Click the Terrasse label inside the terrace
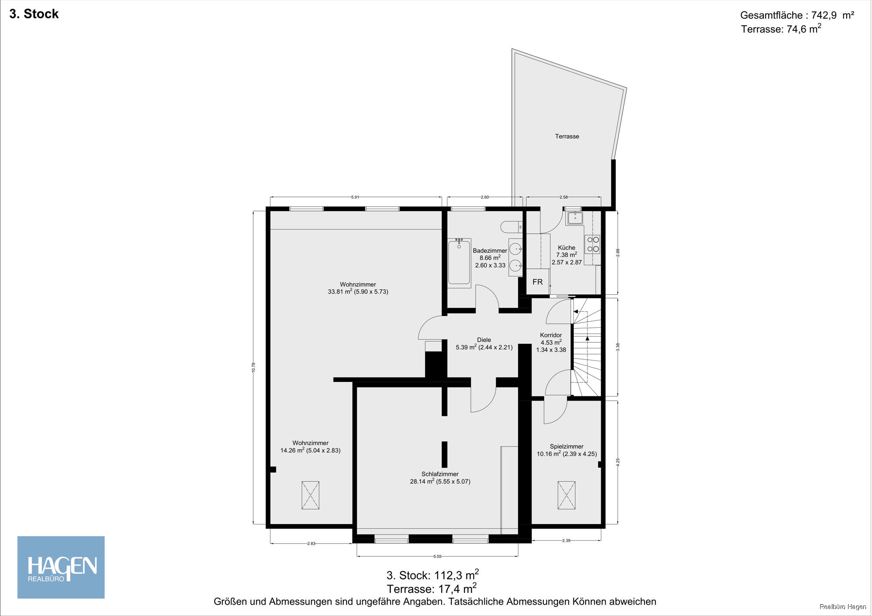567,136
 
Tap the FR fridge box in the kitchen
538,282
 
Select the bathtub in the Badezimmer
459,263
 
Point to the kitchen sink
575,218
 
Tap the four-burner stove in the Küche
593,244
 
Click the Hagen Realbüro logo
61,567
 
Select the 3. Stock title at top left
34,14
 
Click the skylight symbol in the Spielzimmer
566,495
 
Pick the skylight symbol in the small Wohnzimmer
310,495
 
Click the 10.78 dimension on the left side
253,368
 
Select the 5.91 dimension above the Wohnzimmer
355,197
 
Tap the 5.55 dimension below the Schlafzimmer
437,556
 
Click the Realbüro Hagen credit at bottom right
842,607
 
